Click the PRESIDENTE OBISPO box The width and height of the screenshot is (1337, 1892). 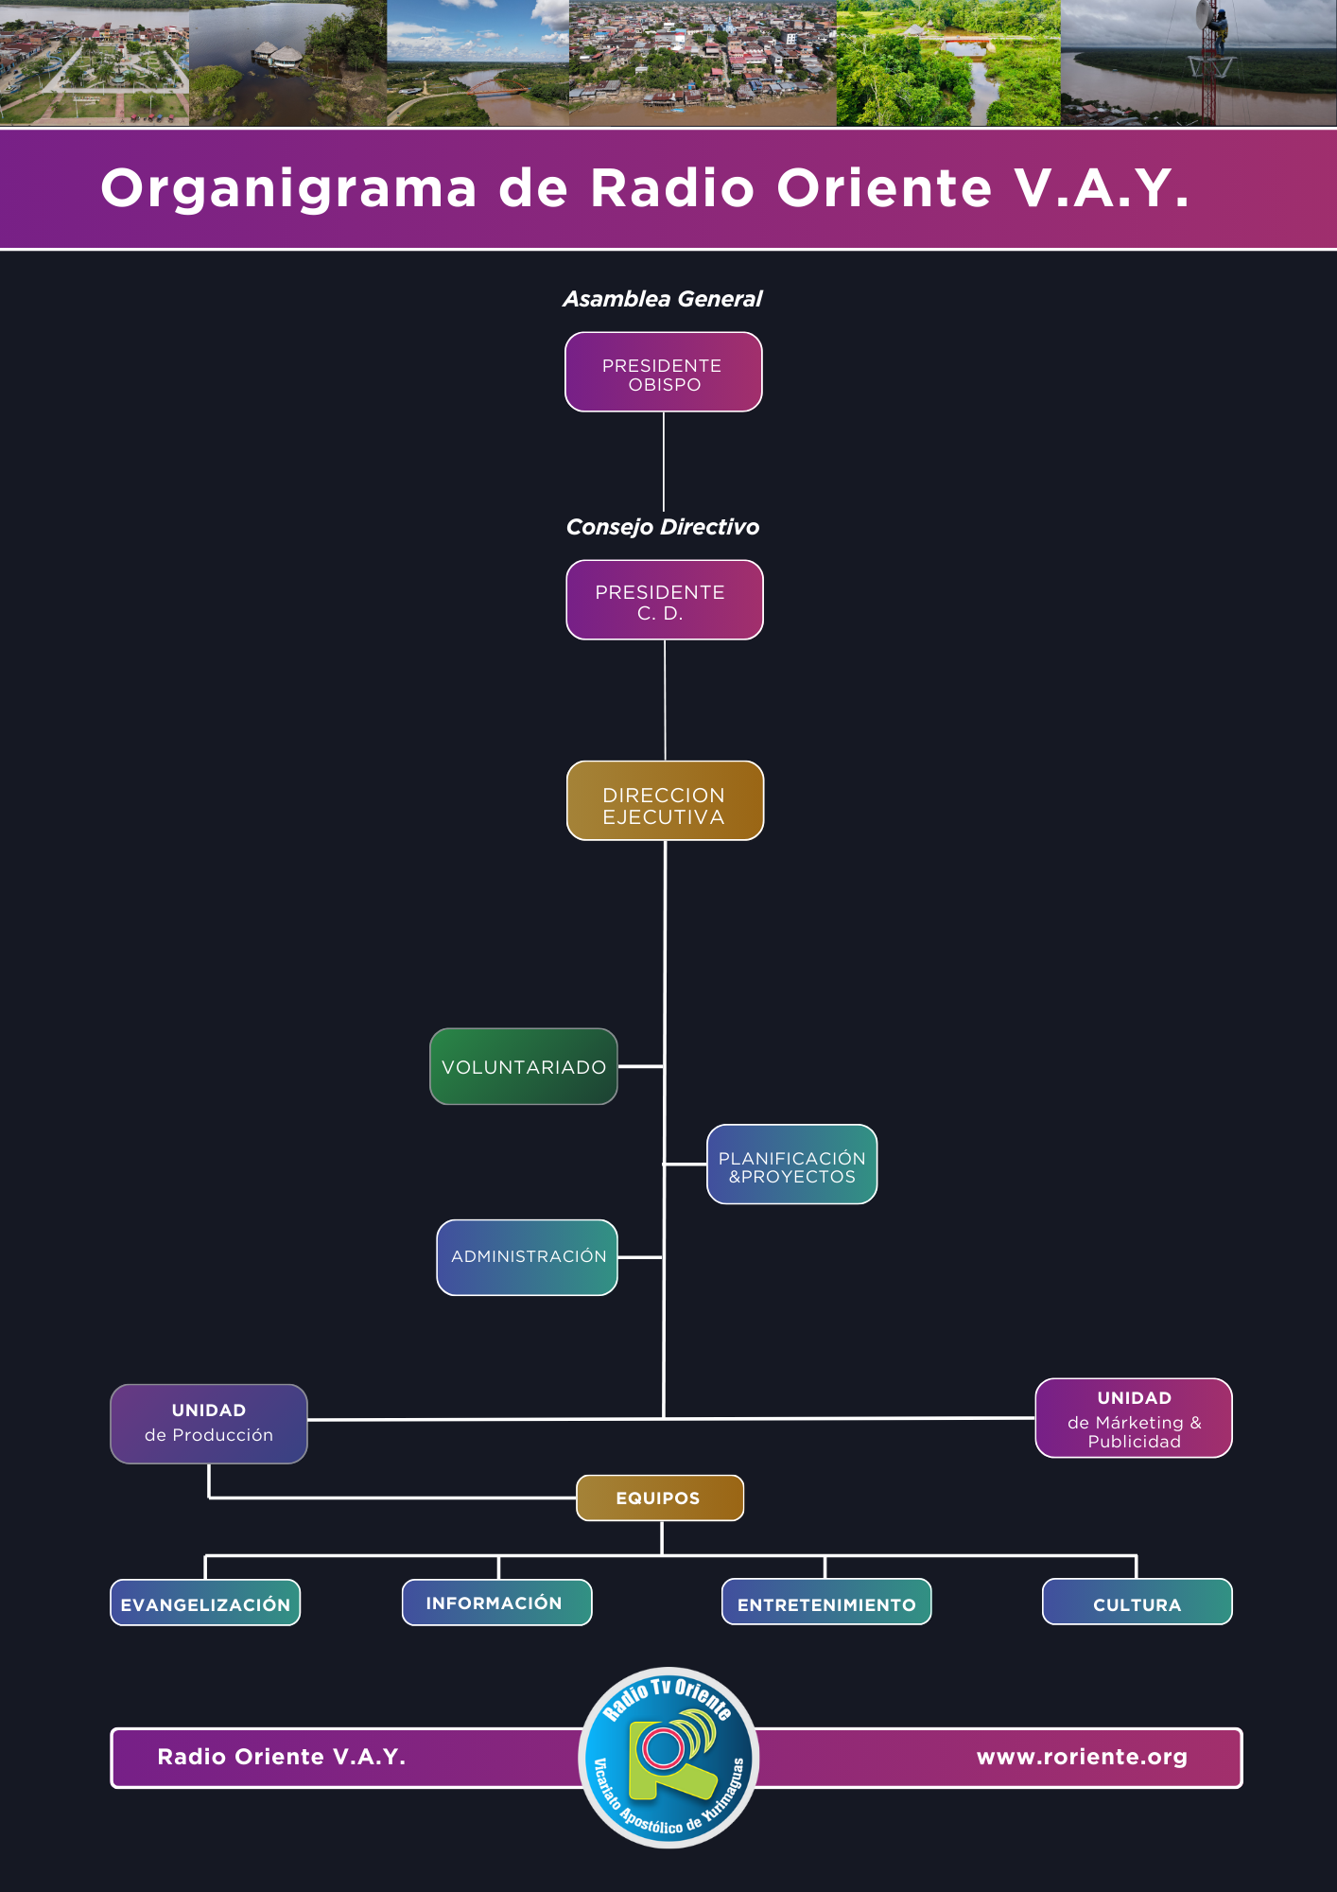(664, 372)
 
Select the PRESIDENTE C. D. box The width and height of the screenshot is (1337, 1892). (665, 600)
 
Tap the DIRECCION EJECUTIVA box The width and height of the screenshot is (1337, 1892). (665, 800)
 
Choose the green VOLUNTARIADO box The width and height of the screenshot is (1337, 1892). (524, 1066)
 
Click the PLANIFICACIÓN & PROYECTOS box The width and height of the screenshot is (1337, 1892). (792, 1165)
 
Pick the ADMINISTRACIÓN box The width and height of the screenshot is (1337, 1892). (528, 1257)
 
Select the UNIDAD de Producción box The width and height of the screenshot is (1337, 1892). (209, 1424)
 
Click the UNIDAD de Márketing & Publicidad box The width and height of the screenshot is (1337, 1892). (1134, 1418)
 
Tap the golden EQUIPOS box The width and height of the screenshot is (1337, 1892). (660, 1498)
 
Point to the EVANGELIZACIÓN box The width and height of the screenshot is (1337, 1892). (205, 1603)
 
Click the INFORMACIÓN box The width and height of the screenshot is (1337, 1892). (497, 1603)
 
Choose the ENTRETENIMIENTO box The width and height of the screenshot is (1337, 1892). (826, 1602)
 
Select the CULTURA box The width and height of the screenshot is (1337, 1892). (1137, 1602)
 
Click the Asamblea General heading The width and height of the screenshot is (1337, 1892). (663, 299)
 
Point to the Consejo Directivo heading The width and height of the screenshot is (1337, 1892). (663, 527)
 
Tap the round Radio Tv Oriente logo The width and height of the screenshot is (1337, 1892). (668, 1757)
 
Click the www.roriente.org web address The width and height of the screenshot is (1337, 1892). (1082, 1757)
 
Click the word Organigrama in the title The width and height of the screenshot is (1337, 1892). (288, 189)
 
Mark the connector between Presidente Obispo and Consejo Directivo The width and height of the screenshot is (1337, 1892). (664, 462)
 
